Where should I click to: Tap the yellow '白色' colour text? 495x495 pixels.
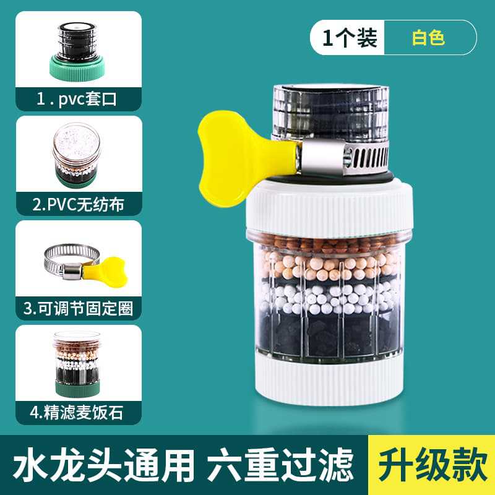coord(429,38)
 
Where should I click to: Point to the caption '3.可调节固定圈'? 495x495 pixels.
coord(78,308)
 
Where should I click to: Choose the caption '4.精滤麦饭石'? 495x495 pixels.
coord(78,412)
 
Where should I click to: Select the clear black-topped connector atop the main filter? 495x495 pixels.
coord(330,111)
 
